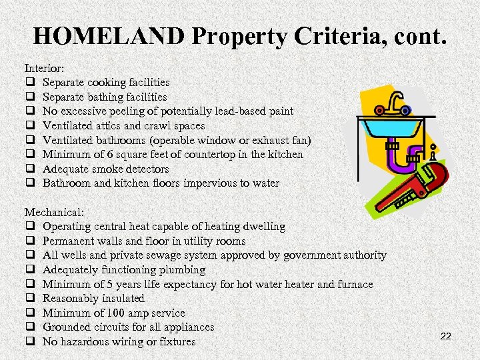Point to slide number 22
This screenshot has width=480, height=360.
pyautogui.click(x=446, y=337)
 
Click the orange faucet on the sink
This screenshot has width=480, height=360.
pyautogui.click(x=395, y=103)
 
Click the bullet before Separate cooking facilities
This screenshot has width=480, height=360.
pyautogui.click(x=30, y=83)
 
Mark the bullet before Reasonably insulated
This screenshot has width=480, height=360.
pyautogui.click(x=30, y=299)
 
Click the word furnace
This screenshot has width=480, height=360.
pyautogui.click(x=353, y=284)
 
